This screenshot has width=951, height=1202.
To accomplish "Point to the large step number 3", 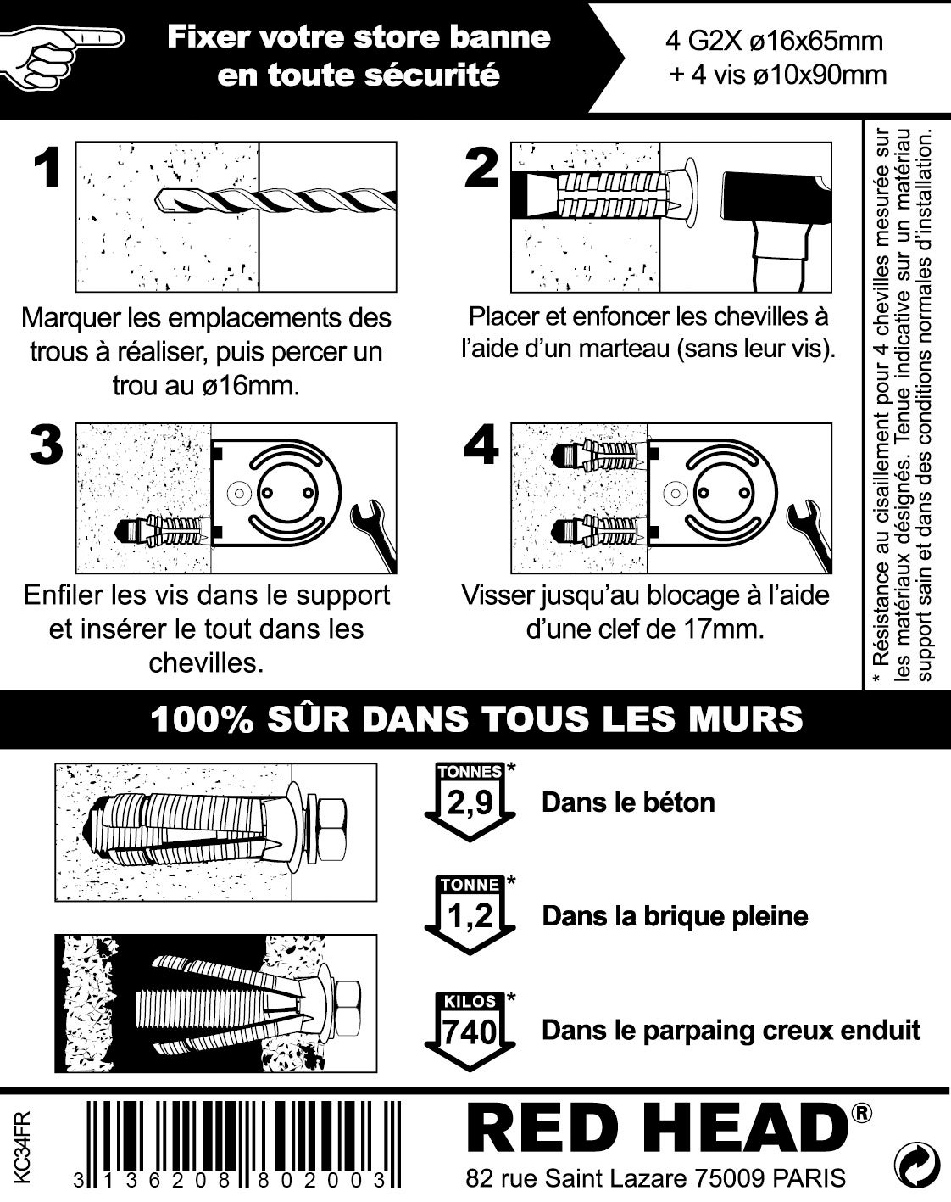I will (47, 444).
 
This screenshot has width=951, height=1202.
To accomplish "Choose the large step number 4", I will (482, 444).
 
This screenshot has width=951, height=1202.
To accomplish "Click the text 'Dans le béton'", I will (628, 802).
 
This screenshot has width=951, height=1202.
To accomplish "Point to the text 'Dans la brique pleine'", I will (675, 916).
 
